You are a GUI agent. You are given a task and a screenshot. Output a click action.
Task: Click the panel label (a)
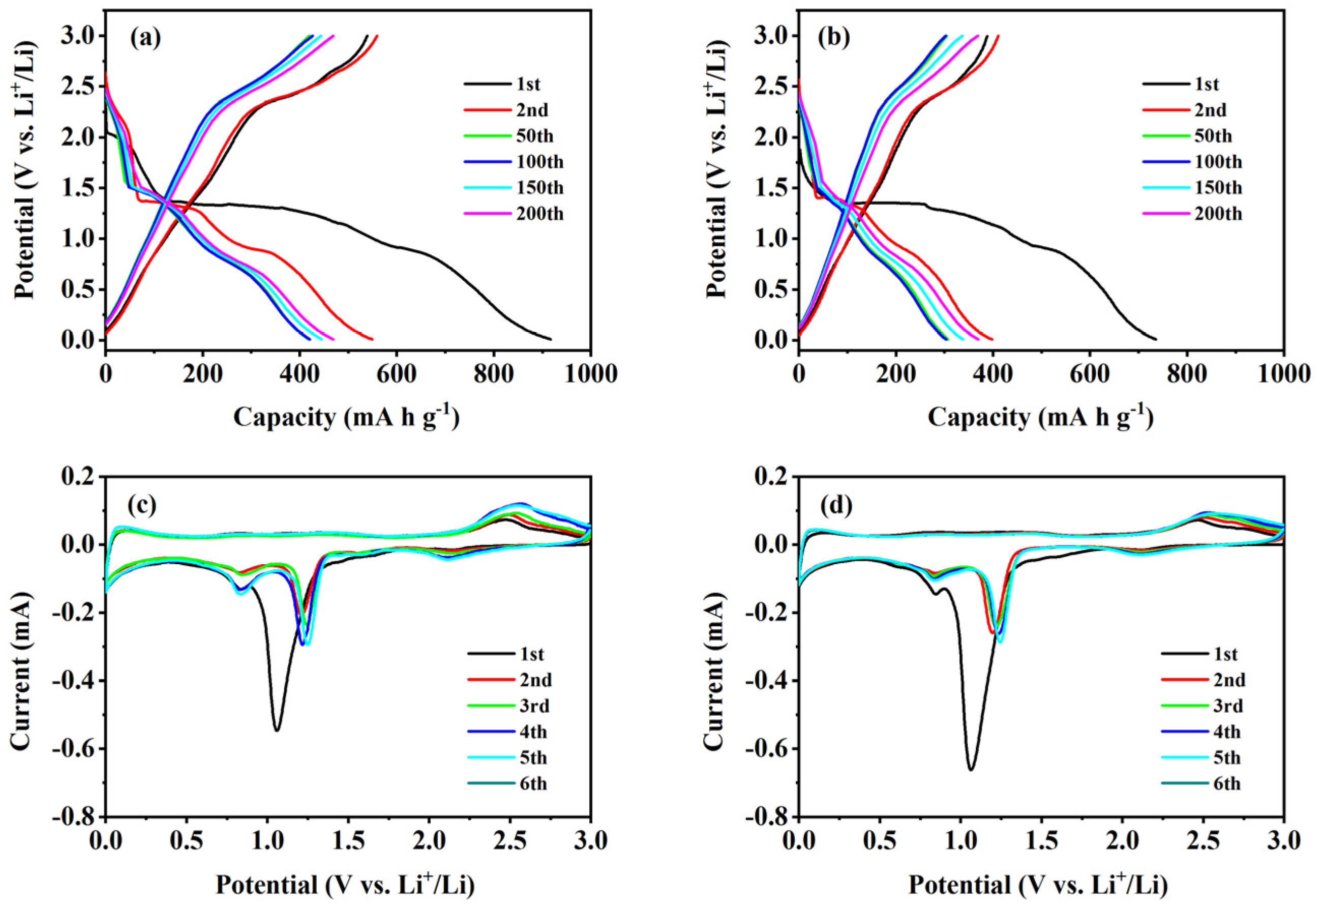(146, 38)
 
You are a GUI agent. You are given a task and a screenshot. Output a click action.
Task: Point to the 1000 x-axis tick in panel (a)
(590, 375)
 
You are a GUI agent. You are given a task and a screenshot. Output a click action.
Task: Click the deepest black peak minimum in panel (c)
(277, 730)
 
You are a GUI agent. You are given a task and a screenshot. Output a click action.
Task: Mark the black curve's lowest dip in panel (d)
(971, 770)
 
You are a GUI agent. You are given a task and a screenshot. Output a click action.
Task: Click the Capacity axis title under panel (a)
(346, 418)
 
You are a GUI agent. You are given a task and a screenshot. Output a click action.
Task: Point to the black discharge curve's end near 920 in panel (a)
(551, 339)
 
